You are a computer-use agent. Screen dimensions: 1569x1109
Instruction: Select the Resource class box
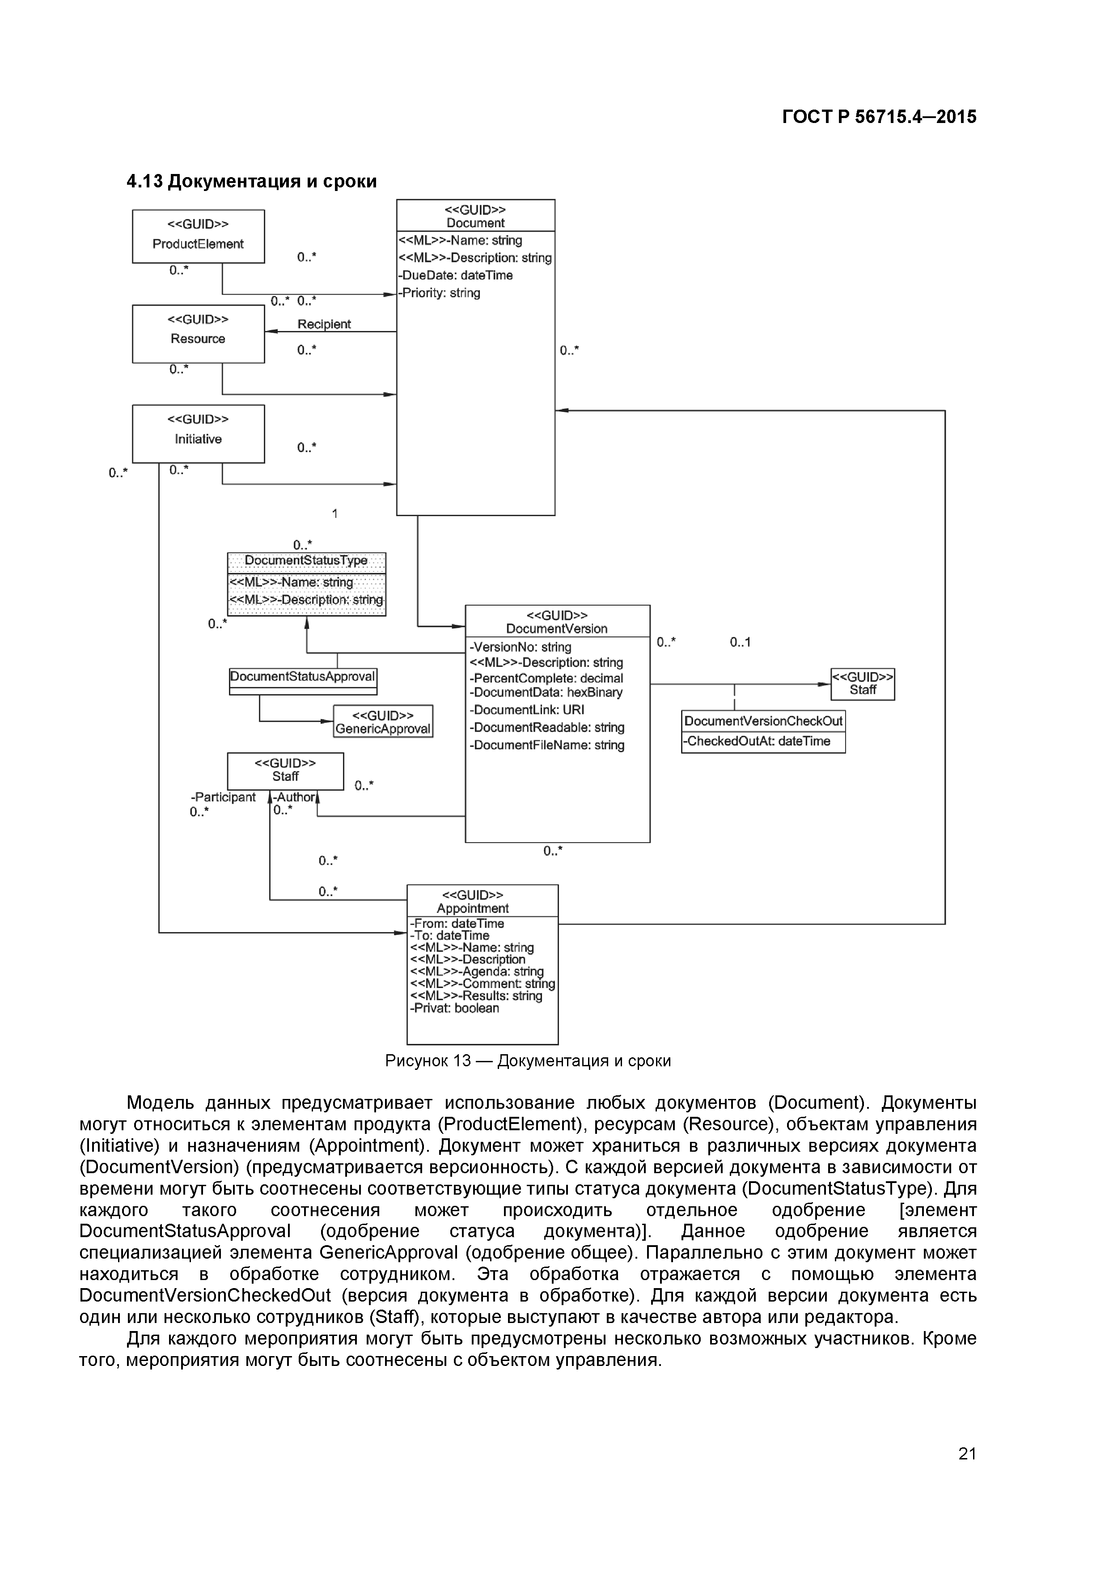click(198, 334)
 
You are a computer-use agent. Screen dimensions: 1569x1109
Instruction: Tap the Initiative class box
click(198, 433)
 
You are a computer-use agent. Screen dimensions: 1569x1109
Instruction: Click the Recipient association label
click(324, 324)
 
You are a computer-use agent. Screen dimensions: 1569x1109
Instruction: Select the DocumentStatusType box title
click(306, 560)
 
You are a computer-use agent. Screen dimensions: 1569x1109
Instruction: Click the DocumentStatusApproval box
click(303, 677)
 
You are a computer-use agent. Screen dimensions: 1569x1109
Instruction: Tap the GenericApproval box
click(383, 721)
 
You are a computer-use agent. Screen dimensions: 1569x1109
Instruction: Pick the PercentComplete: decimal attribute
click(546, 678)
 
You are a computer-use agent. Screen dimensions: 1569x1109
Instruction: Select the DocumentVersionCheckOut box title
click(763, 721)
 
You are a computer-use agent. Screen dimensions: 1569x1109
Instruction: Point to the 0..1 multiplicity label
click(740, 642)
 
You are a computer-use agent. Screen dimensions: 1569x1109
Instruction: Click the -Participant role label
click(224, 797)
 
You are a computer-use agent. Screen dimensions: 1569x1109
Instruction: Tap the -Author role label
click(295, 797)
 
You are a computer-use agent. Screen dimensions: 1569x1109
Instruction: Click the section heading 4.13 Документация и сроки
click(251, 181)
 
